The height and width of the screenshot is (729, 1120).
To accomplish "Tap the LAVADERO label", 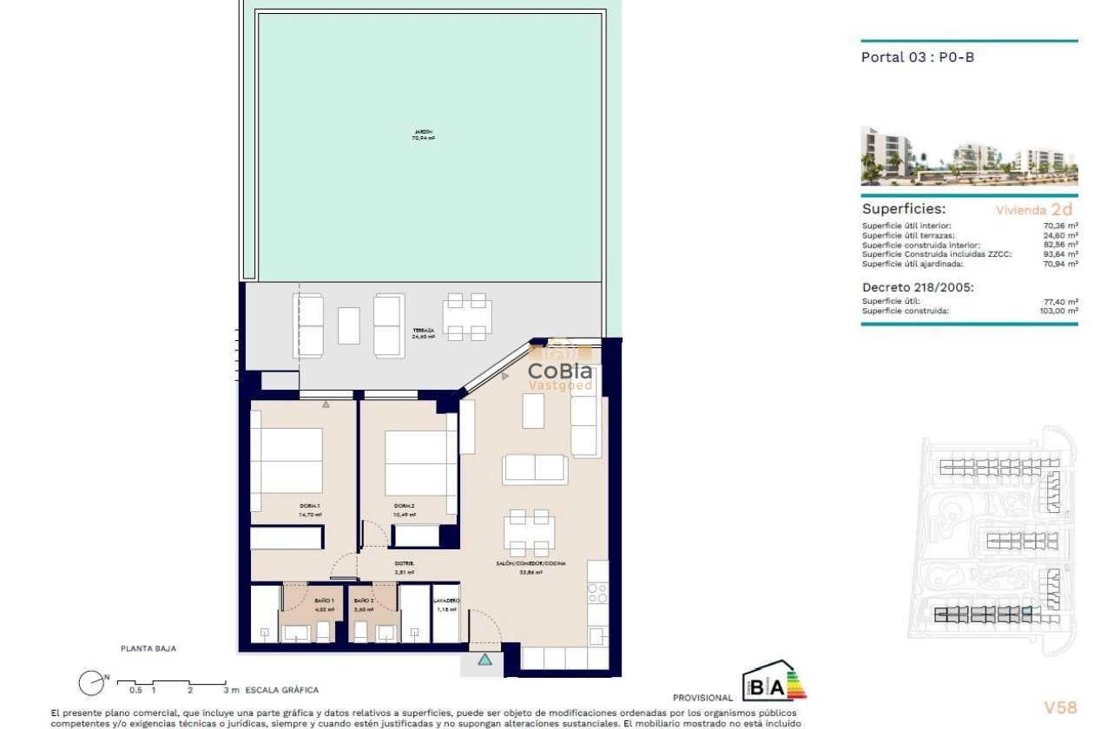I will [x=446, y=601].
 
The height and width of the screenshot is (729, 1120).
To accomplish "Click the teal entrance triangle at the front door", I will [x=484, y=660].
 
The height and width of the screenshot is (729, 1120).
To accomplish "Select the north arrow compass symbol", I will [x=91, y=683].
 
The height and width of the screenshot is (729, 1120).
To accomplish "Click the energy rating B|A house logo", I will [x=774, y=682].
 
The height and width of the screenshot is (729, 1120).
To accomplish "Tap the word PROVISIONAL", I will [x=702, y=698].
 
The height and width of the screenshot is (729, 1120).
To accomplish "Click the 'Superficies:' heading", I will [x=904, y=209].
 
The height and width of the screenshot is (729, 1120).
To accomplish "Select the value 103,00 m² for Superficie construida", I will [x=1060, y=310].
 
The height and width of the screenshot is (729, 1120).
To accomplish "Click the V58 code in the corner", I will [x=1059, y=707].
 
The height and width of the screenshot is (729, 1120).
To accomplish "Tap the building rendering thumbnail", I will [x=969, y=156].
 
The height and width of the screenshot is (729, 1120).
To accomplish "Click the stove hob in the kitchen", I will [x=597, y=593].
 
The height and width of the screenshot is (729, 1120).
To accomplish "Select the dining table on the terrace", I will [x=466, y=316].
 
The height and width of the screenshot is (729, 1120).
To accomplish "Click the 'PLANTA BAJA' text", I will [x=148, y=647].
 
